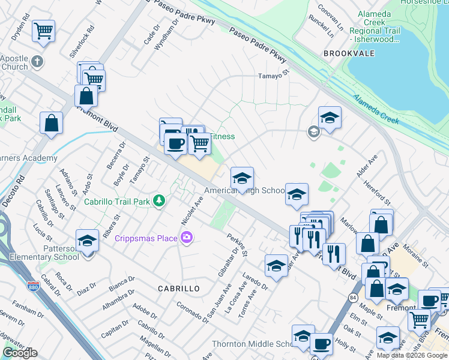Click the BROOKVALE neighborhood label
349,53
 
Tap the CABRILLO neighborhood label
179,289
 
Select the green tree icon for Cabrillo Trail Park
159,200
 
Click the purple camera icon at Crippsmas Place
187,238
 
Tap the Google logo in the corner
20,353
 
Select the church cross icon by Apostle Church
37,61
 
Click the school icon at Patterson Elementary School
88,241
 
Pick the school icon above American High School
242,178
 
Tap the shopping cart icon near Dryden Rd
43,30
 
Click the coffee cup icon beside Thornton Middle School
321,344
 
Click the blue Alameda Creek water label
376,109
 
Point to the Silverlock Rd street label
82,41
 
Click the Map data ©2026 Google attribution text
412,355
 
